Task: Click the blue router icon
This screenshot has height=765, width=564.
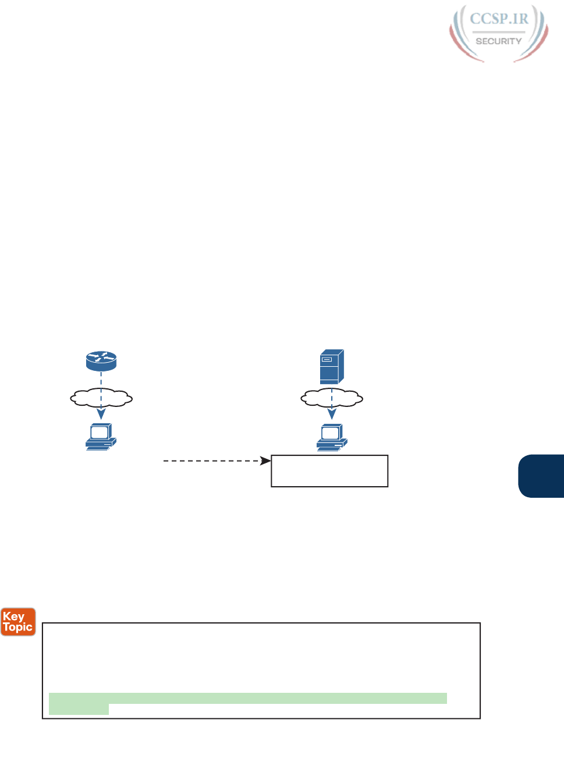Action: (x=101, y=361)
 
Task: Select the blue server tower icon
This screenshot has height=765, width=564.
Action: (x=332, y=366)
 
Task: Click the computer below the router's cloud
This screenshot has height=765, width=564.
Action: (x=101, y=437)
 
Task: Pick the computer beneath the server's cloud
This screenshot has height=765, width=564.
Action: (x=332, y=437)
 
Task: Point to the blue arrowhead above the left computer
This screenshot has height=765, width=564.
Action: (x=101, y=414)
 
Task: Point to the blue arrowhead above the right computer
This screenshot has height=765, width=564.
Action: (x=332, y=414)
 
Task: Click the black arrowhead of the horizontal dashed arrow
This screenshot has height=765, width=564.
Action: (x=266, y=461)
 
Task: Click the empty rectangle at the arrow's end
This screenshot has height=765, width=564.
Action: (x=329, y=471)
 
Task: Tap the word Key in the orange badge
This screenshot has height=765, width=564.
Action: (x=13, y=617)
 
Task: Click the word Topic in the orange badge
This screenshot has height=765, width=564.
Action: (x=18, y=627)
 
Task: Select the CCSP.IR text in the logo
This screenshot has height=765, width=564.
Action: (x=499, y=19)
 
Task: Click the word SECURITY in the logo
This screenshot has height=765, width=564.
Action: (x=499, y=41)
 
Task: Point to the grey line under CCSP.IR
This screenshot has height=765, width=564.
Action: (x=499, y=31)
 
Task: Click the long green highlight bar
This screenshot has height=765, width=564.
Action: (x=248, y=698)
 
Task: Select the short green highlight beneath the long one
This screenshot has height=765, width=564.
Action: (x=79, y=709)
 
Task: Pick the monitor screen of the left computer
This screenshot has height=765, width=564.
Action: (x=99, y=432)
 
